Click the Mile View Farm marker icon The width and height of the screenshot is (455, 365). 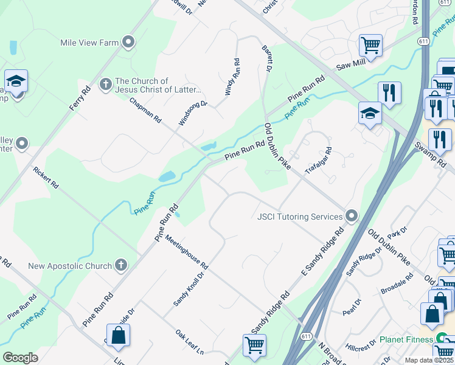pos(128,42)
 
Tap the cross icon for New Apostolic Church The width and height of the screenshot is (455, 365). pos(121,265)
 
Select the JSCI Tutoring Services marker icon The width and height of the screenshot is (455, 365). pos(351,216)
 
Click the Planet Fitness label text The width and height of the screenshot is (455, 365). pos(406,339)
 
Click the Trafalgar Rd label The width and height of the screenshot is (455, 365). pos(319,161)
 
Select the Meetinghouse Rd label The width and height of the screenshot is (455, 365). pos(186,252)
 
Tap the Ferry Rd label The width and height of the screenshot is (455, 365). pos(80,98)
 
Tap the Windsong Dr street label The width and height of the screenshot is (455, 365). pos(193,113)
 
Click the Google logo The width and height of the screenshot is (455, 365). pos(21,358)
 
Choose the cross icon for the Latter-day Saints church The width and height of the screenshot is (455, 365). pos(105,83)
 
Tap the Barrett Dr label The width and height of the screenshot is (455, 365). pos(266,58)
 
